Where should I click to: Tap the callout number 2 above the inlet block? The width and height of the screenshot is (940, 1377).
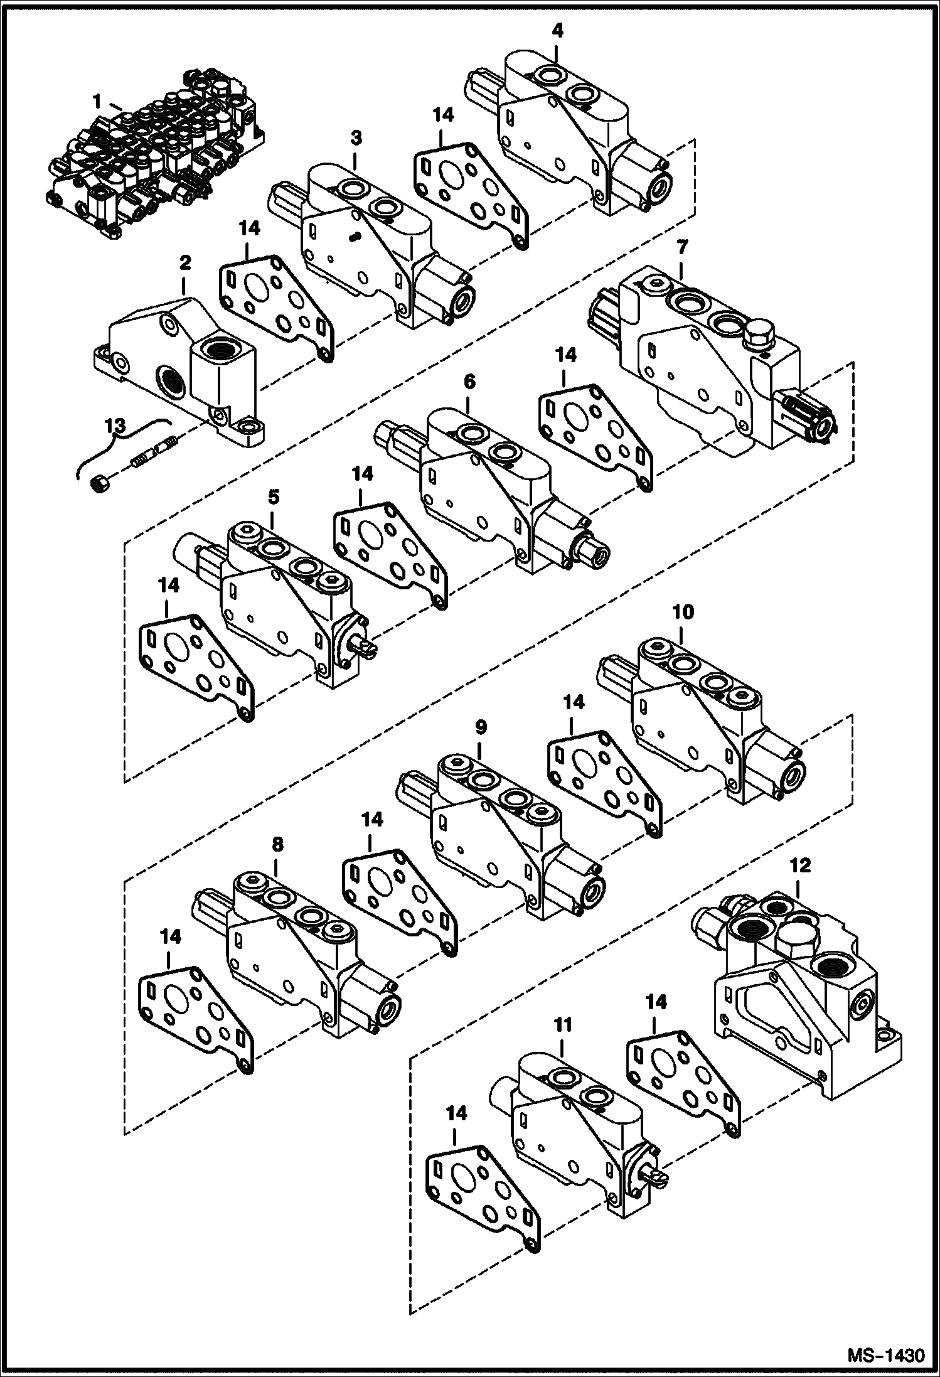184,263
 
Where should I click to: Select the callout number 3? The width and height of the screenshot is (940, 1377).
356,137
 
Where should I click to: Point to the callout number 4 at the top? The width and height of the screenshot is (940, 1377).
557,31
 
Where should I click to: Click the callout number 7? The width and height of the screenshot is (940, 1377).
682,249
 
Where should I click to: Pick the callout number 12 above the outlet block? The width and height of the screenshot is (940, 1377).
800,865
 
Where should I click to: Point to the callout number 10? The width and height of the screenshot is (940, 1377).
683,611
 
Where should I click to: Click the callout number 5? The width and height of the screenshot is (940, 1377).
274,498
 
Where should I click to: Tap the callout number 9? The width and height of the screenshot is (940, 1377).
480,727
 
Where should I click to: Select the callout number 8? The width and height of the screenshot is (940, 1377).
276,845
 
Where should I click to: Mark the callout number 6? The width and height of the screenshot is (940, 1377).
469,381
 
